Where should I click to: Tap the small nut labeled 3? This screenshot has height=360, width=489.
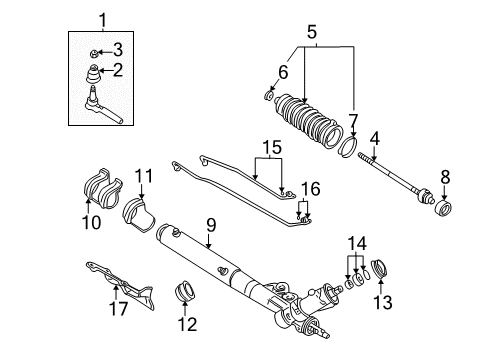[92, 49]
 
